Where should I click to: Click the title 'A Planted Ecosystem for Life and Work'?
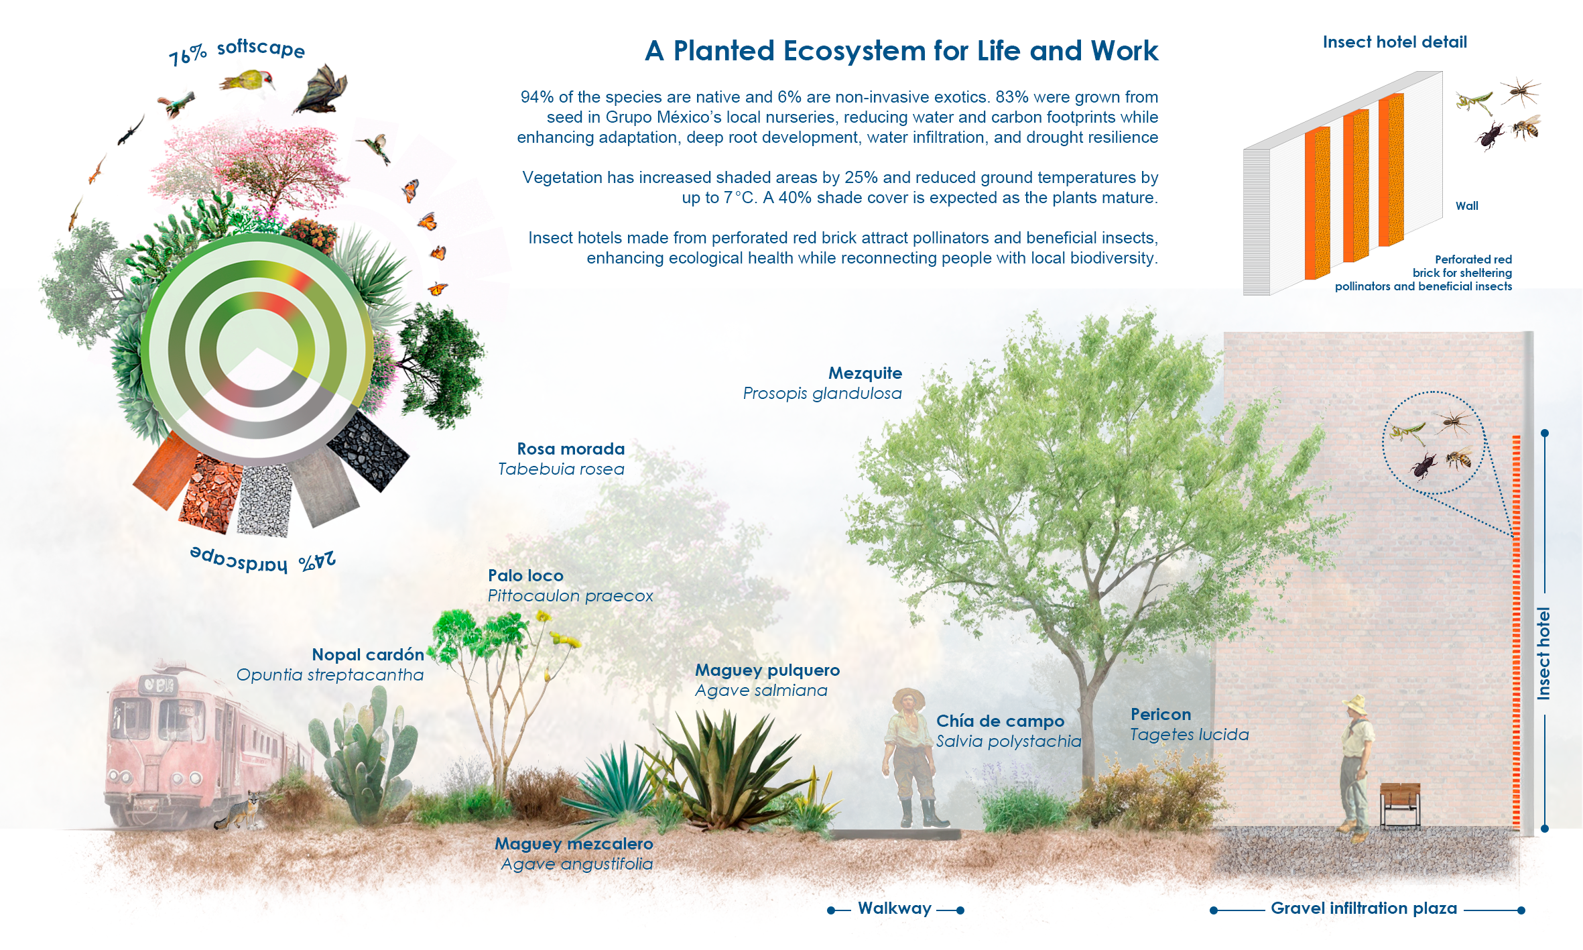coord(901,51)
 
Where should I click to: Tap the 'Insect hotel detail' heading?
coord(1395,42)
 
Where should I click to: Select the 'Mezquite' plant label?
coord(865,373)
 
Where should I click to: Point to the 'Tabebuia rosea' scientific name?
coord(561,469)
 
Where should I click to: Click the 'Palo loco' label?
coord(525,575)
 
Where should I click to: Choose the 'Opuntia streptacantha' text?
coord(330,675)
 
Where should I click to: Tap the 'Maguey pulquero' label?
coord(767,670)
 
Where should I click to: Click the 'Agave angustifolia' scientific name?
coord(577,864)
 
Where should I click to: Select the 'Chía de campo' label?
coord(1000,721)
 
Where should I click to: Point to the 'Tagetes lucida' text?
coord(1190,735)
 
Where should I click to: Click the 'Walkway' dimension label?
coord(895,908)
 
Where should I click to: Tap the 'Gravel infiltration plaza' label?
coord(1364,908)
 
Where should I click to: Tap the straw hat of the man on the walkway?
coord(908,695)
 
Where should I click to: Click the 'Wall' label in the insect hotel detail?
coord(1466,206)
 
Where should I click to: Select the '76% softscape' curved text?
coord(237,51)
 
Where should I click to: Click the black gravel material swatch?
coord(368,451)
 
